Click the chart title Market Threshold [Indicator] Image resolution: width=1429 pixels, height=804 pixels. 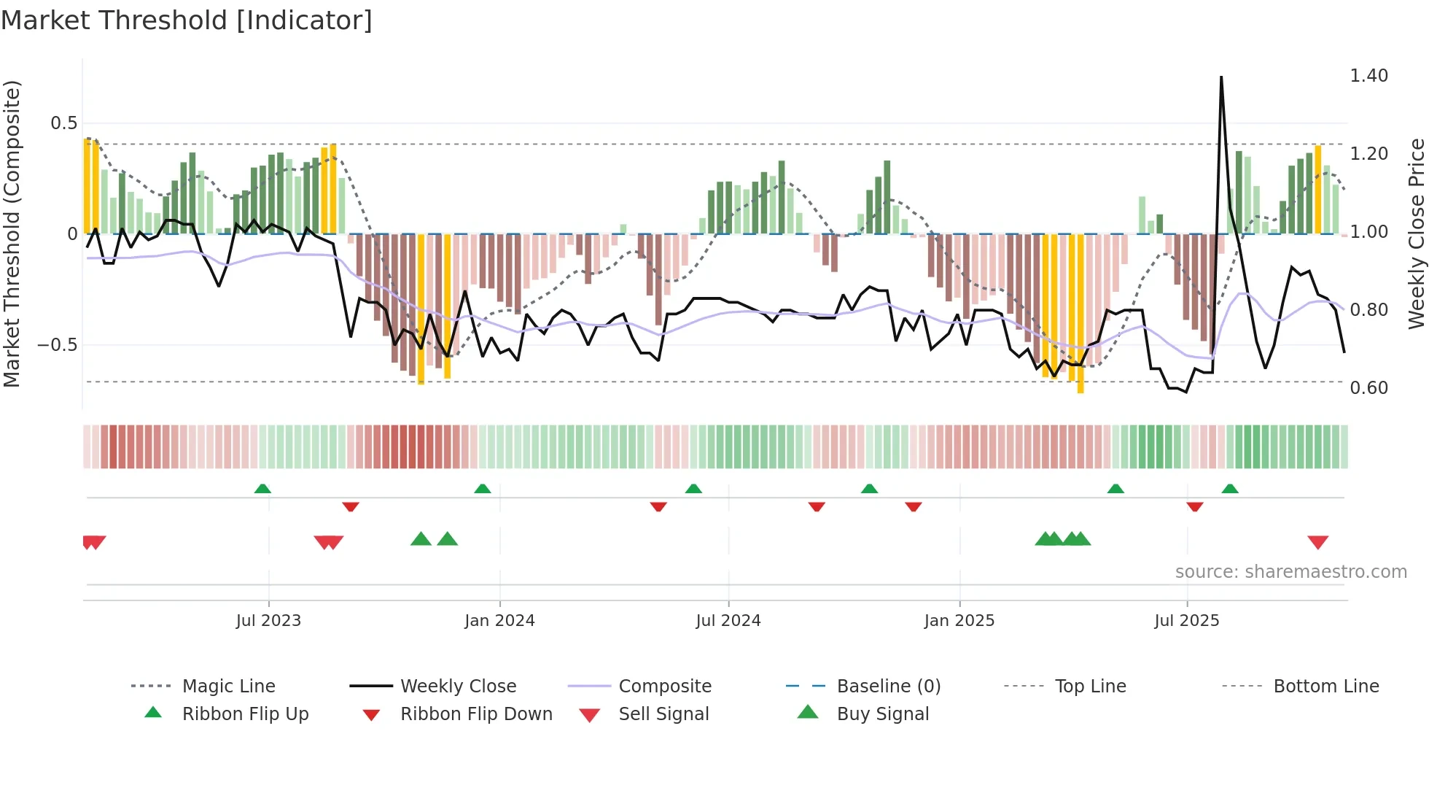click(187, 20)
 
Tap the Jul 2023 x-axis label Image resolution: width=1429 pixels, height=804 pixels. click(268, 621)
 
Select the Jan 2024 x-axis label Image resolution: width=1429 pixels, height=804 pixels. click(499, 621)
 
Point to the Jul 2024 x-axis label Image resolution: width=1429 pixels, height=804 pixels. click(728, 621)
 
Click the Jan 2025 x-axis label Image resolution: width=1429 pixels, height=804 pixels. click(959, 621)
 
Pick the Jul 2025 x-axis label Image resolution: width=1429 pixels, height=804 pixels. click(1187, 621)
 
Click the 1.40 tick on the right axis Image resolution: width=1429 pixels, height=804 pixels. click(1368, 76)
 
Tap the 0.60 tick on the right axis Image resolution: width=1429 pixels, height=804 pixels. click(1368, 388)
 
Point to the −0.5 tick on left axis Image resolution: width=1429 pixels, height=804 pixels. click(58, 345)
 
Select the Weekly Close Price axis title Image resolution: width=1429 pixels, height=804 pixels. click(1416, 233)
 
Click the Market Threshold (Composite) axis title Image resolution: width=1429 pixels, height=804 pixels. click(12, 233)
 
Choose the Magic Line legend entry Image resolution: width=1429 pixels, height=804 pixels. click(228, 687)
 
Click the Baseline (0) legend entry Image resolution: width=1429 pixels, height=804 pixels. click(888, 687)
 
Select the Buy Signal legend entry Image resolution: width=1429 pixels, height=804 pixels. click(882, 714)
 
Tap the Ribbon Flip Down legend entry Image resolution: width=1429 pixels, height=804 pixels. click(476, 714)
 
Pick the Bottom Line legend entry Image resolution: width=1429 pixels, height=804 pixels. click(1325, 687)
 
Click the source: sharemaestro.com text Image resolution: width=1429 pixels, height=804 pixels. click(1290, 572)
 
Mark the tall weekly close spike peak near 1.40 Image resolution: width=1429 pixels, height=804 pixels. click(1221, 77)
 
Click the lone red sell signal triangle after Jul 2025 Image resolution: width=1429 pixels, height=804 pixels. click(1317, 542)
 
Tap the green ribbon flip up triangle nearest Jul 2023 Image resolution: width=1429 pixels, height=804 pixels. click(262, 489)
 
